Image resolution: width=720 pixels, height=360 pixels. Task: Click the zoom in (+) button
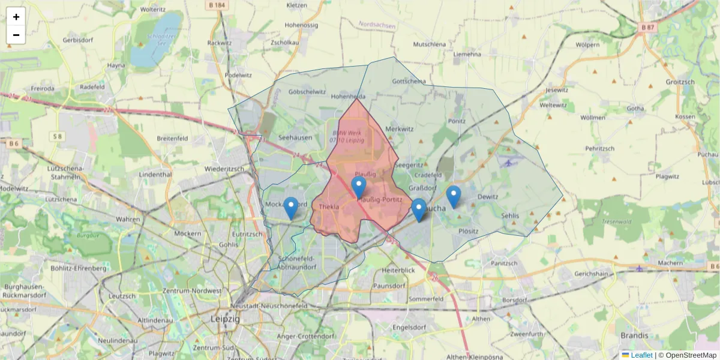coord(16,17)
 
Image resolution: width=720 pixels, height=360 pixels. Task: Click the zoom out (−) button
coord(16,35)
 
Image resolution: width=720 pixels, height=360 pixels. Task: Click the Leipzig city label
coord(225,319)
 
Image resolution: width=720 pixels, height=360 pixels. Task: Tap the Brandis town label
coord(634,335)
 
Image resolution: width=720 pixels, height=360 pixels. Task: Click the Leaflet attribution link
coord(641,355)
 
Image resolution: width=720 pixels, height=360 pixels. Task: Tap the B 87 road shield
coord(647,28)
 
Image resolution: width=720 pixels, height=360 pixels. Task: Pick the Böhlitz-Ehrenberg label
coord(79,268)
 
